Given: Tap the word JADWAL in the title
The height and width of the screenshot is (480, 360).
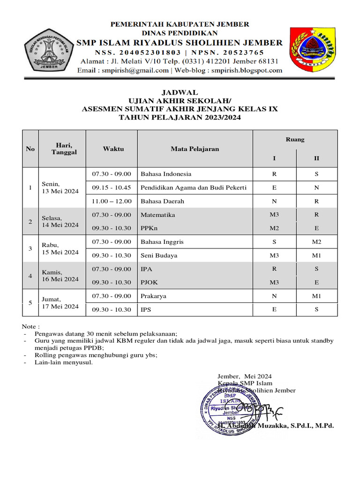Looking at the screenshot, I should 180,92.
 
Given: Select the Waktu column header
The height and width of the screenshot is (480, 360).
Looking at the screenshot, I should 112,149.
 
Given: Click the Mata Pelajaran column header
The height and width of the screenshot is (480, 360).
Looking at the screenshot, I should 195,149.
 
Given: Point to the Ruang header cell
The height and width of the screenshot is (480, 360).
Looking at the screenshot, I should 295,139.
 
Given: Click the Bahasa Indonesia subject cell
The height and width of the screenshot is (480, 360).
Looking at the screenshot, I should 166,174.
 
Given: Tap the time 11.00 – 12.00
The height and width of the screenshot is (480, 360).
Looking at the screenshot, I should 112,201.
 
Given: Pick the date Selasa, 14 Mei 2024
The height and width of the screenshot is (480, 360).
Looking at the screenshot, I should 60,221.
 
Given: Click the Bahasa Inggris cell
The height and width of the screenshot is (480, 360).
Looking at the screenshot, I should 162,242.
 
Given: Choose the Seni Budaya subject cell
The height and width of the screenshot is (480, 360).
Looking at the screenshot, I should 157,255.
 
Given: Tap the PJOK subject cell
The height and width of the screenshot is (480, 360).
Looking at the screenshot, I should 149,282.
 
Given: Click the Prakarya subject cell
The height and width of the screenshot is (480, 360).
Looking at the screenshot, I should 153,296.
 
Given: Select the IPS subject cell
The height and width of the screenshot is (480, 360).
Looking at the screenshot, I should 146,309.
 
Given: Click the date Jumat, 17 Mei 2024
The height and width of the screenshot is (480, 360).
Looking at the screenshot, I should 60,302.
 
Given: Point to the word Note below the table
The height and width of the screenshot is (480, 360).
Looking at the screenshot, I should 31,326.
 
